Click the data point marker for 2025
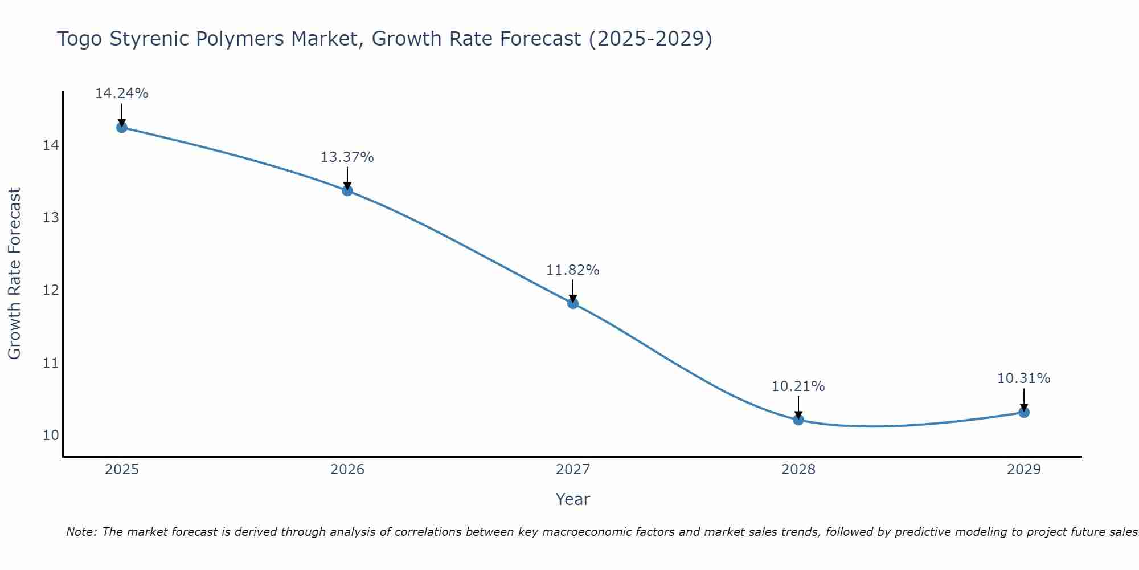tap(121, 127)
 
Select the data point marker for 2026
tap(347, 190)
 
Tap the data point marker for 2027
tap(573, 303)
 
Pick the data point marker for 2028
tap(798, 420)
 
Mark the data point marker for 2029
tap(1024, 412)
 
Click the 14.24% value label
tap(121, 93)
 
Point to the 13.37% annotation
tap(347, 157)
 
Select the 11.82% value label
tap(572, 270)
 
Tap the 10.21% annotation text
tap(798, 386)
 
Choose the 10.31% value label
tap(1023, 378)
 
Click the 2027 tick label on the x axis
tap(573, 470)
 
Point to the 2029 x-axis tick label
tap(1024, 470)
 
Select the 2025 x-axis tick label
tap(122, 470)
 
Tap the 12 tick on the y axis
tap(51, 291)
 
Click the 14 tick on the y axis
tap(51, 146)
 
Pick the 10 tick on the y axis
tap(51, 435)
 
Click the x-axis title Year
tap(572, 499)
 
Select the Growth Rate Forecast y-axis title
tap(14, 274)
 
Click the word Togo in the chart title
tap(79, 39)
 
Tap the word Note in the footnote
tap(81, 532)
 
